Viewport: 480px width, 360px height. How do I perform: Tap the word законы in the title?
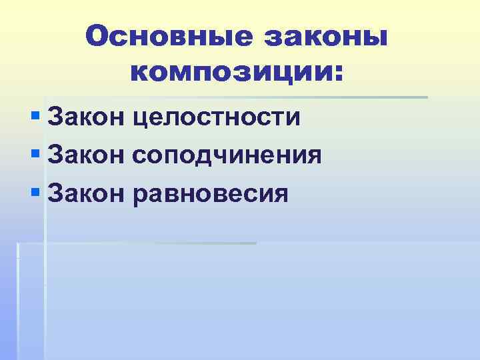click(323, 36)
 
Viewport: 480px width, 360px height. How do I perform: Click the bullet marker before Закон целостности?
click(35, 117)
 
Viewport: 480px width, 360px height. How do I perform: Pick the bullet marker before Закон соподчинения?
click(35, 155)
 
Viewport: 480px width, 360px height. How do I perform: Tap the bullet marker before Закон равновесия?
click(35, 193)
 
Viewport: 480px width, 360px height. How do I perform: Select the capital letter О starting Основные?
click(97, 36)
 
